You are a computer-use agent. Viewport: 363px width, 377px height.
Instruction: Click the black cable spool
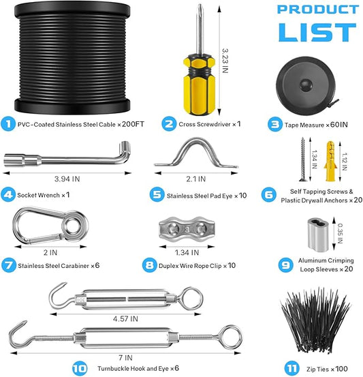point(75,58)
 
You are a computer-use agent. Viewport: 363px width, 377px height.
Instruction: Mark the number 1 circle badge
point(9,124)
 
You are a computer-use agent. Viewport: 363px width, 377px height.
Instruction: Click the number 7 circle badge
point(9,265)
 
